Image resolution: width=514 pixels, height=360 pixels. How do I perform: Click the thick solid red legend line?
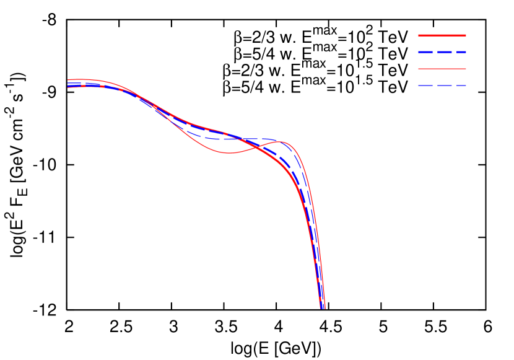pos(442,35)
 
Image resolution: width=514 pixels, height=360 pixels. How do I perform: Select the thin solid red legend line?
pos(442,69)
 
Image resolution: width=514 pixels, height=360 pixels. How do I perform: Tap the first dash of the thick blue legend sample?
pos(425,52)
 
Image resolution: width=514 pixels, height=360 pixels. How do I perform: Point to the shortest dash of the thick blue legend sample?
pos(462,52)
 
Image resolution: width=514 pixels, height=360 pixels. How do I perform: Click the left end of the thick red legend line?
pos(419,35)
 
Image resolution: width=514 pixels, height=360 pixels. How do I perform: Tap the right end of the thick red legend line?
pos(466,35)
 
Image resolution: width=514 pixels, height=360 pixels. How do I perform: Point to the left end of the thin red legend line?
pos(419,69)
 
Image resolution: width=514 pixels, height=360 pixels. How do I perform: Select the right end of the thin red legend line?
pos(466,69)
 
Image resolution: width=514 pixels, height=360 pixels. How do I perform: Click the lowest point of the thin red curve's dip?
pos(229,152)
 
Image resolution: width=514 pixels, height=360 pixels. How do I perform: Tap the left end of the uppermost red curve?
pos(68,79)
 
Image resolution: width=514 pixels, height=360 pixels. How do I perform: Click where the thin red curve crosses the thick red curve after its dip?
pos(255,146)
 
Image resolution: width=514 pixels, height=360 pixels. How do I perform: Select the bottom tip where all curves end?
pos(322,307)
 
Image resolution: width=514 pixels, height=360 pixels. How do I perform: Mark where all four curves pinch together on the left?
pos(137,97)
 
